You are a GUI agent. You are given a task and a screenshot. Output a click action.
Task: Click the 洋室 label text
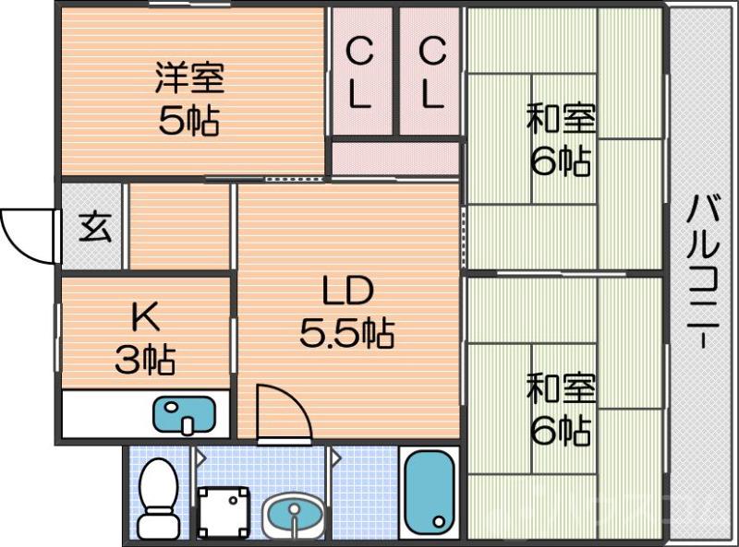188,78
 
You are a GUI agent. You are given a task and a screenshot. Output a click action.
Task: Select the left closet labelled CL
360,74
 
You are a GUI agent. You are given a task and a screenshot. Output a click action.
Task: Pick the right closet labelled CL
430,74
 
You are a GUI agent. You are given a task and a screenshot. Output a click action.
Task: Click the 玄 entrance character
92,227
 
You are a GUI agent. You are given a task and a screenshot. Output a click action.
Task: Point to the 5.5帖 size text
346,332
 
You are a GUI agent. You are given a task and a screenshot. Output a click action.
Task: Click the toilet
159,498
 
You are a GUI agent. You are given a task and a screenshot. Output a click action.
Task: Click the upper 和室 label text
561,120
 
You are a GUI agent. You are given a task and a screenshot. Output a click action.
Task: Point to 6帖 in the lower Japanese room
561,431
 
